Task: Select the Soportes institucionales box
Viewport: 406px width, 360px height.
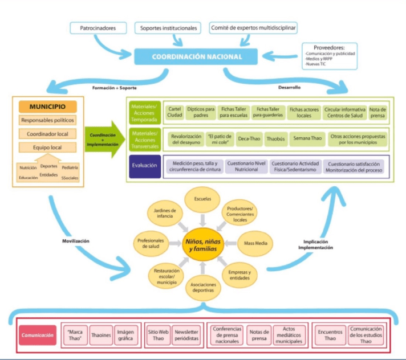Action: pyautogui.click(x=168, y=27)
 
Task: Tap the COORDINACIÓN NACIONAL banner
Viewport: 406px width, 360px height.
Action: pyautogui.click(x=197, y=56)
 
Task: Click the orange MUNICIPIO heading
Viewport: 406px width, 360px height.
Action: pyautogui.click(x=48, y=107)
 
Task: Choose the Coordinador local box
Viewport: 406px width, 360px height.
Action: pyautogui.click(x=48, y=134)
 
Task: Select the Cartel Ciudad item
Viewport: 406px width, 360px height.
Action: pyautogui.click(x=175, y=112)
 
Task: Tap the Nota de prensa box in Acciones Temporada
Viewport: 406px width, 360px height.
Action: pyautogui.click(x=377, y=112)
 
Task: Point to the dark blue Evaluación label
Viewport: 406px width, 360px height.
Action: pyautogui.click(x=145, y=166)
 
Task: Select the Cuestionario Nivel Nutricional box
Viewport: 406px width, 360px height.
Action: pyautogui.click(x=246, y=166)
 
